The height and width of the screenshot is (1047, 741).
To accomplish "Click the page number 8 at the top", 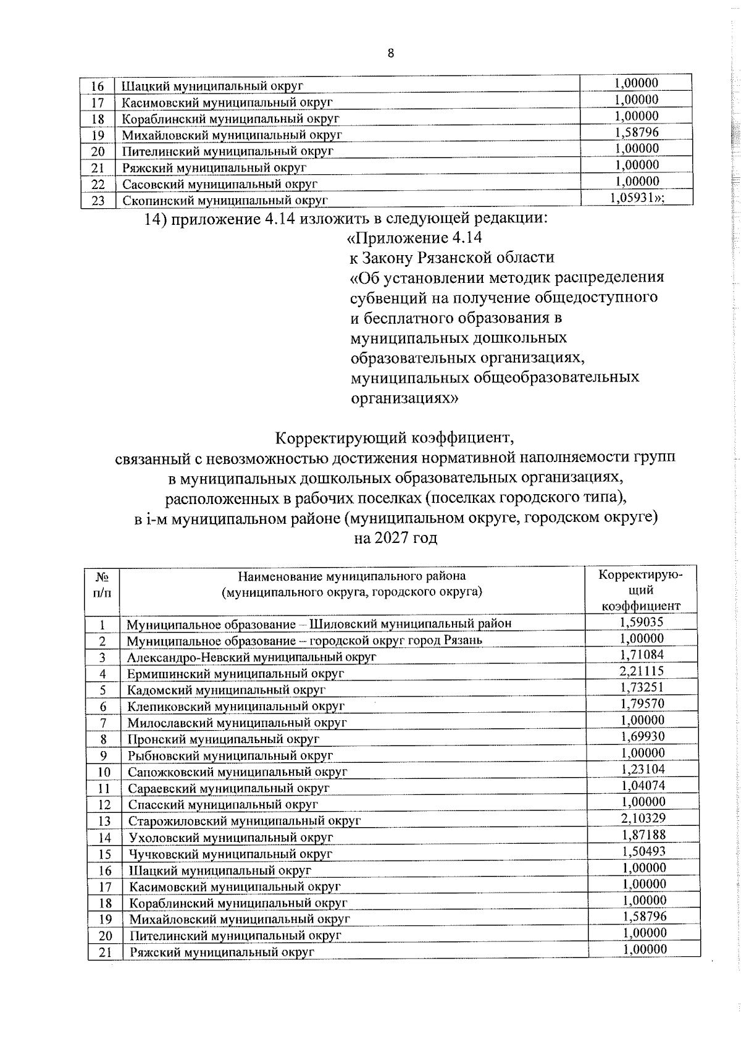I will coord(390,53).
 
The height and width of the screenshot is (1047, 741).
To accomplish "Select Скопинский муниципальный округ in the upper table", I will coord(225,200).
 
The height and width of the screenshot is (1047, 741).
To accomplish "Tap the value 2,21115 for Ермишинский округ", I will coord(642,671).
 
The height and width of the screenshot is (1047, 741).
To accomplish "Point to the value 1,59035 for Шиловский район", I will coord(642,622).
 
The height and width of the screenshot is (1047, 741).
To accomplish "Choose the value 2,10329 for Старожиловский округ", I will coord(642,818).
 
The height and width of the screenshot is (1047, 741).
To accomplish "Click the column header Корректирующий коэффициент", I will coord(642,590).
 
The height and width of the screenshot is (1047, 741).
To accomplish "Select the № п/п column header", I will coord(103,584).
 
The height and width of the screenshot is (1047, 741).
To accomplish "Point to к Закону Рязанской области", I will coord(452,258).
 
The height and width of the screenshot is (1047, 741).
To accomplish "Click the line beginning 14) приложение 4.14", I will coord(346,218).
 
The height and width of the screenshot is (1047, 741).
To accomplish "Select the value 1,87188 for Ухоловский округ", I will coord(642,835).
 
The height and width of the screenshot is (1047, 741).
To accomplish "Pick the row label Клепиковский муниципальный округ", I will coord(236,706).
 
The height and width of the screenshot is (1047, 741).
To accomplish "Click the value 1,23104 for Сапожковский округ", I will coord(642,770).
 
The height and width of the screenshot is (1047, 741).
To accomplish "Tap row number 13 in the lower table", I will coord(104,821).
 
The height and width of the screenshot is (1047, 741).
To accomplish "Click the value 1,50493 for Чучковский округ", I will coord(642,851).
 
